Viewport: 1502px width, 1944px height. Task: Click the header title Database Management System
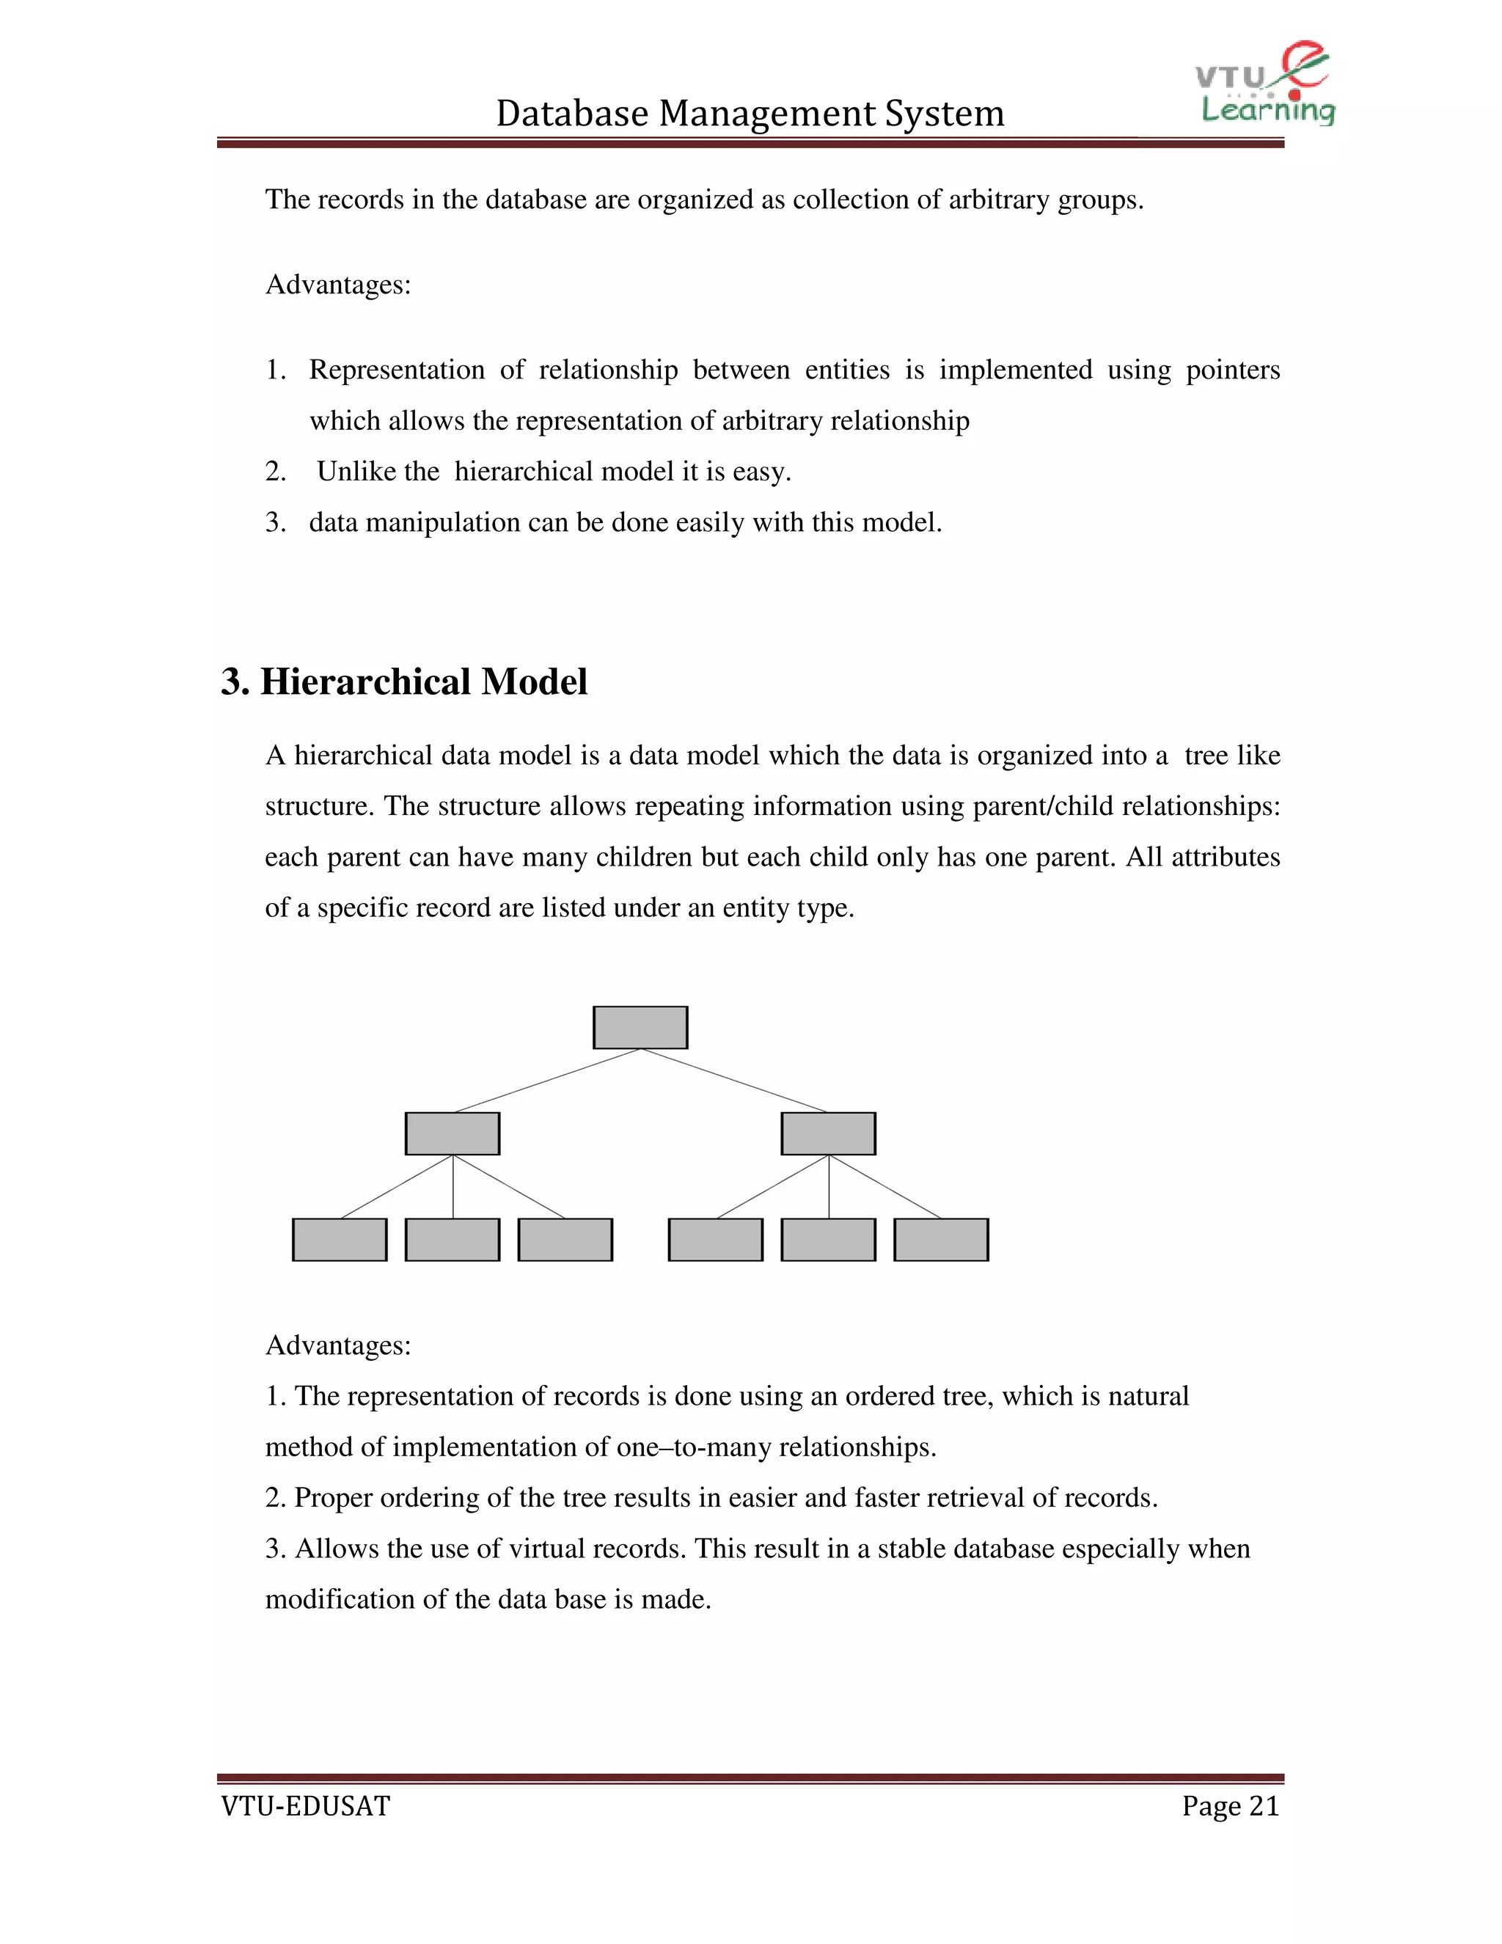click(750, 114)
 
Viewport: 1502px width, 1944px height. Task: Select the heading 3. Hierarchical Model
click(404, 682)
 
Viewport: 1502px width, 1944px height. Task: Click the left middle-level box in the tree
click(452, 1133)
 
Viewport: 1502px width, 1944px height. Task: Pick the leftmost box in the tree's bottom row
click(339, 1239)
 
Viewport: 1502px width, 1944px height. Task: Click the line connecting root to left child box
click(547, 1081)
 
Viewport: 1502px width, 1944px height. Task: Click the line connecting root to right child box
click(734, 1081)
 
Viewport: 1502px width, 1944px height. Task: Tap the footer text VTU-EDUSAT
click(305, 1806)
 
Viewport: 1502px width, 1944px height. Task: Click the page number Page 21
click(1230, 1806)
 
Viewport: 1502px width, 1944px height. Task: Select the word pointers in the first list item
click(1232, 370)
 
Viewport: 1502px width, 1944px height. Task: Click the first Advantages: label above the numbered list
click(338, 285)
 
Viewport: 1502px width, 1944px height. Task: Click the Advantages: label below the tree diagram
click(338, 1345)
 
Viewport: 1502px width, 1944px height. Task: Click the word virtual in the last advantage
click(546, 1549)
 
